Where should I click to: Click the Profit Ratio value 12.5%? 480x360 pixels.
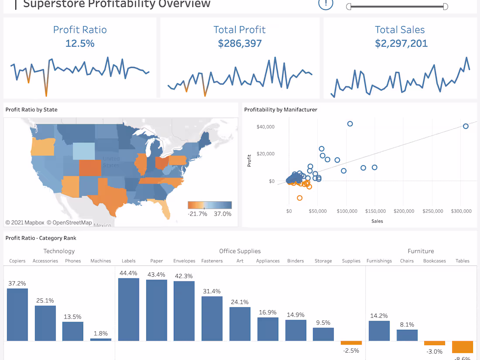pos(80,43)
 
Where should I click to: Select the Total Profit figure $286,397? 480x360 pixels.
pos(240,43)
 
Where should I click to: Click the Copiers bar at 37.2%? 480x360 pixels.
pos(17,314)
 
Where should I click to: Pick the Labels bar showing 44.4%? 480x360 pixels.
pos(129,309)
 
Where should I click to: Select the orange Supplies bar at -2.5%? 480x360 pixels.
pos(351,343)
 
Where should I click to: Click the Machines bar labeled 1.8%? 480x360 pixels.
pos(101,339)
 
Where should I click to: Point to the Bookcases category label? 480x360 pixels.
pos(435,261)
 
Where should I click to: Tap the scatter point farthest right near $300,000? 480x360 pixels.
pos(466,126)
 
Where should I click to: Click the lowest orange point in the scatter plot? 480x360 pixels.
pos(299,198)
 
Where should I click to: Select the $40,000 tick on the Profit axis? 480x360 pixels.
pos(265,127)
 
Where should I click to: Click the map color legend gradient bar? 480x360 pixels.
pos(209,205)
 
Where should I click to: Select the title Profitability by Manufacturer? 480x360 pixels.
pos(281,110)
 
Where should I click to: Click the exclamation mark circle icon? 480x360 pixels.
pos(326,4)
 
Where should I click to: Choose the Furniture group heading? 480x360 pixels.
pos(421,251)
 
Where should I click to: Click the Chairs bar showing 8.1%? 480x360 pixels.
pos(407,335)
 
